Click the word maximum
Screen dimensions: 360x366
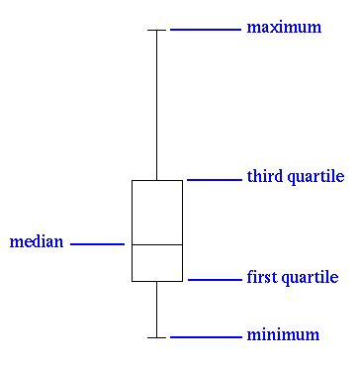point(284,28)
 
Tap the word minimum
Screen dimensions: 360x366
point(283,335)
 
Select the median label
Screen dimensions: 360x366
point(36,241)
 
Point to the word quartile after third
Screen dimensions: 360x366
point(315,178)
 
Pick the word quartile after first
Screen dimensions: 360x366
point(308,279)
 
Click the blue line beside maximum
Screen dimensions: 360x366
point(205,30)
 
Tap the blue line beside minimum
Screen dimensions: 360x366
point(205,337)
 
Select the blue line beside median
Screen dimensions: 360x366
point(97,243)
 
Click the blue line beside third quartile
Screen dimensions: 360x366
point(213,180)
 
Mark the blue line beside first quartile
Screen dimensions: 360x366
point(214,280)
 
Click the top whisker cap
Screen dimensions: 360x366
point(156,30)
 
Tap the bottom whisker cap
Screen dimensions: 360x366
point(156,337)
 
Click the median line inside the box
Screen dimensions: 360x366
point(157,243)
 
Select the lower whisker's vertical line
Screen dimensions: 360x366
point(156,309)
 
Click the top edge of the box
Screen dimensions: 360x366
point(157,180)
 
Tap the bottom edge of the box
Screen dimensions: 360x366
point(157,281)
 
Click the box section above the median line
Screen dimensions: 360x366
point(157,212)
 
